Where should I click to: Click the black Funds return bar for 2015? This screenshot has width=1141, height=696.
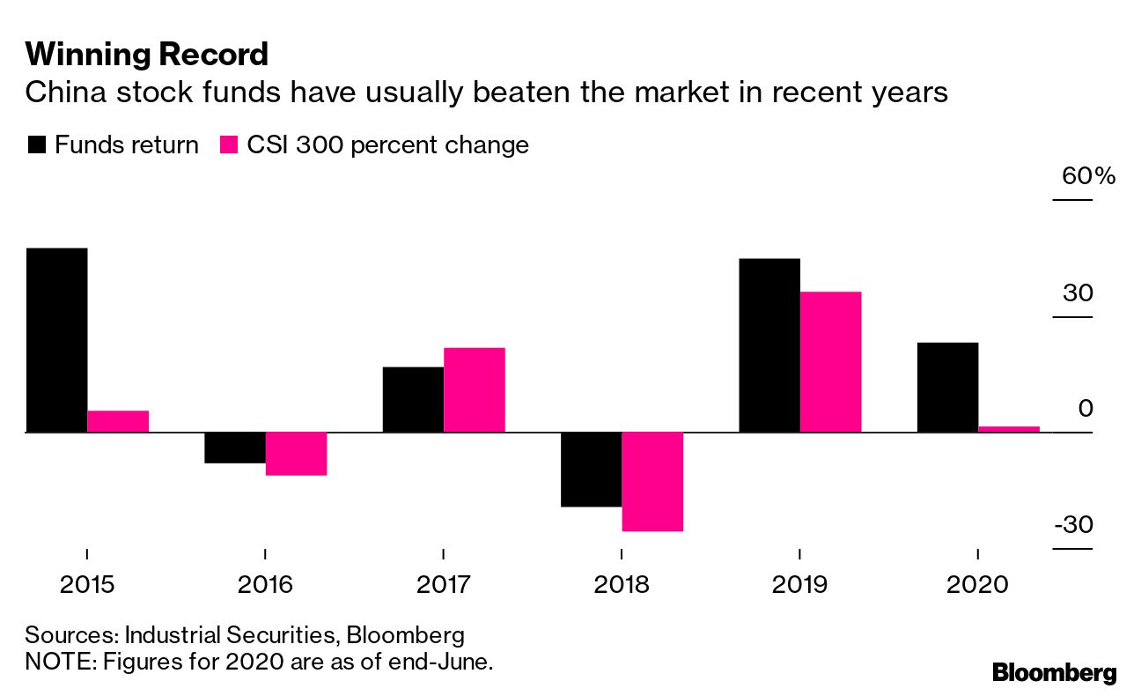pos(56,340)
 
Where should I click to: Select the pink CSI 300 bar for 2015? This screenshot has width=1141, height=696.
pos(118,421)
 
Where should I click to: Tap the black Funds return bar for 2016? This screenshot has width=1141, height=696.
pos(235,448)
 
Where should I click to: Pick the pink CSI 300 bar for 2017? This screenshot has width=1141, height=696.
pos(475,389)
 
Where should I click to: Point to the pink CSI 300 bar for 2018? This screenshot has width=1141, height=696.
pos(652,481)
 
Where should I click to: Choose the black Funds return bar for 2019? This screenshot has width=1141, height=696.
pos(769,345)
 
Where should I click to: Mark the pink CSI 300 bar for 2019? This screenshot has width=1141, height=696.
pos(830,362)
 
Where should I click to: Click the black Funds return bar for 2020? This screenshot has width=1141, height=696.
pos(948,387)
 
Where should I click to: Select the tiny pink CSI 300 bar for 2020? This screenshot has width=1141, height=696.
pos(1009,429)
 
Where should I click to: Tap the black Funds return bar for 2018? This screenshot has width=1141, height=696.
pos(591,470)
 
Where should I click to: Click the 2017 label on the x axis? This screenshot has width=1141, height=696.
pos(443,583)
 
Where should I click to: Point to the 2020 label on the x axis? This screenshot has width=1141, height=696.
pos(977,583)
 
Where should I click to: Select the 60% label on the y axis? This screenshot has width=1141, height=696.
pos(1088,175)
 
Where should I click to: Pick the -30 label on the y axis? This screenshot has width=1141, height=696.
pos(1073,525)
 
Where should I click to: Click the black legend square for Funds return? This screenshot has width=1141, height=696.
pos(36,145)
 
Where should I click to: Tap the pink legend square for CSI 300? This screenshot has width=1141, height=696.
pos(227,145)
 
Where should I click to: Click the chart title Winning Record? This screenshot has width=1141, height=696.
pos(146,55)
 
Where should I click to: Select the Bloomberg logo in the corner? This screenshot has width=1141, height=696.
pos(1054,673)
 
